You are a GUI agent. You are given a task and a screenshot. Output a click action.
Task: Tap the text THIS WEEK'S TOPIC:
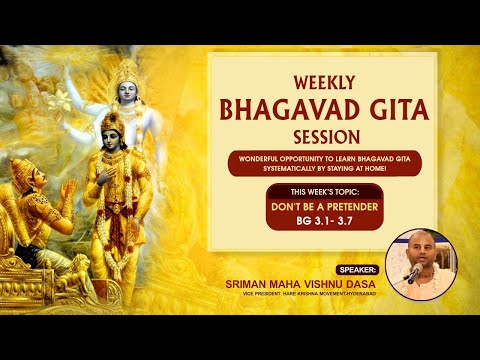pos(322,192)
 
